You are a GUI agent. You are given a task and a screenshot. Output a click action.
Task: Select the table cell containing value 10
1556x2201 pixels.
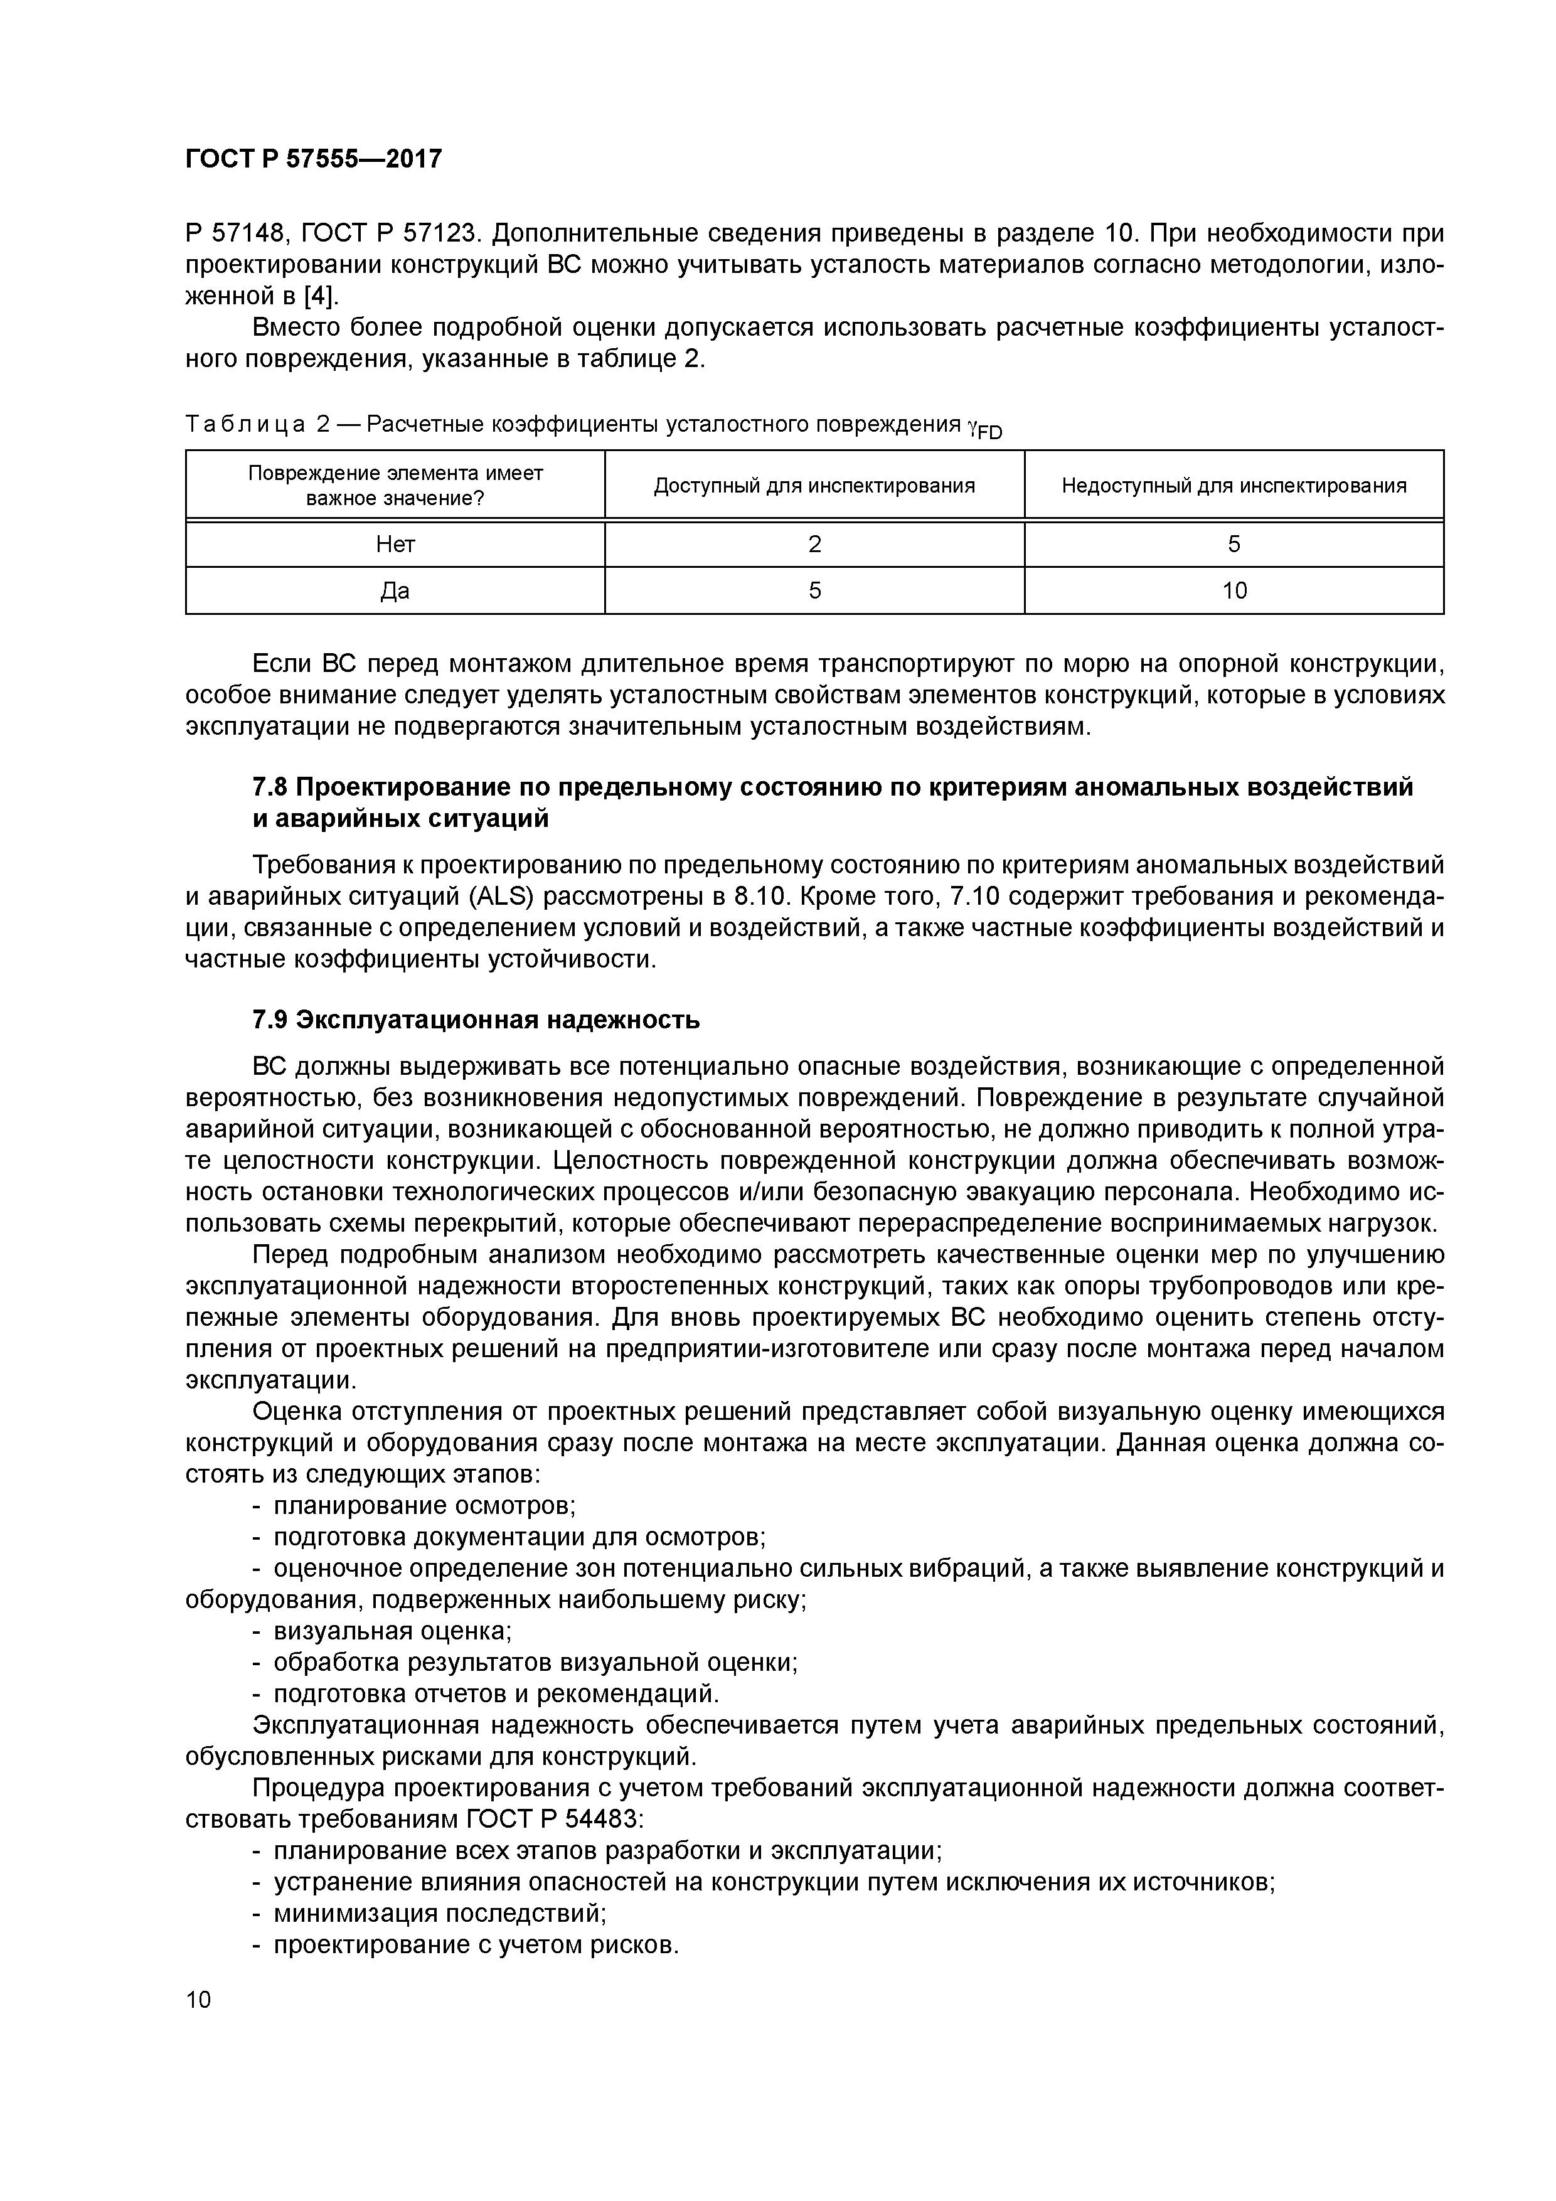pos(1234,590)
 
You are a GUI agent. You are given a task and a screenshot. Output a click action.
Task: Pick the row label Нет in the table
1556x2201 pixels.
pos(395,545)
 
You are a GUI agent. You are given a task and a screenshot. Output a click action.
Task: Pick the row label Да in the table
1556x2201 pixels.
pos(395,590)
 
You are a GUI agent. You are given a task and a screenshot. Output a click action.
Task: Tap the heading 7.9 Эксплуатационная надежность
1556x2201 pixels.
pos(476,1020)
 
